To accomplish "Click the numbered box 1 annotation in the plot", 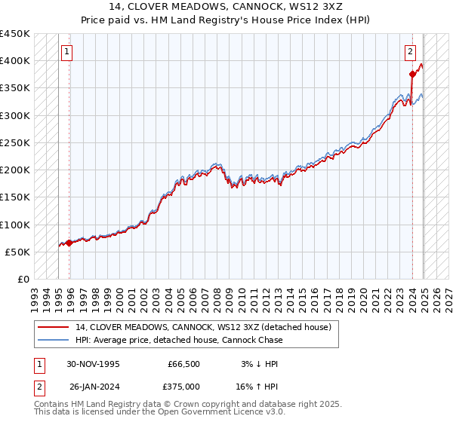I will coord(67,52).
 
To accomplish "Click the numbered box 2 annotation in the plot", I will coord(410,52).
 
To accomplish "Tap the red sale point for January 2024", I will coord(412,74).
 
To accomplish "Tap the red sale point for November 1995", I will coord(69,243).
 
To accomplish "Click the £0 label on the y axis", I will coord(23,279).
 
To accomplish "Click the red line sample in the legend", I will coord(54,327).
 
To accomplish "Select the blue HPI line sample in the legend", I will coord(54,340).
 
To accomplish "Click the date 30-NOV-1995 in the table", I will coord(93,363).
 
